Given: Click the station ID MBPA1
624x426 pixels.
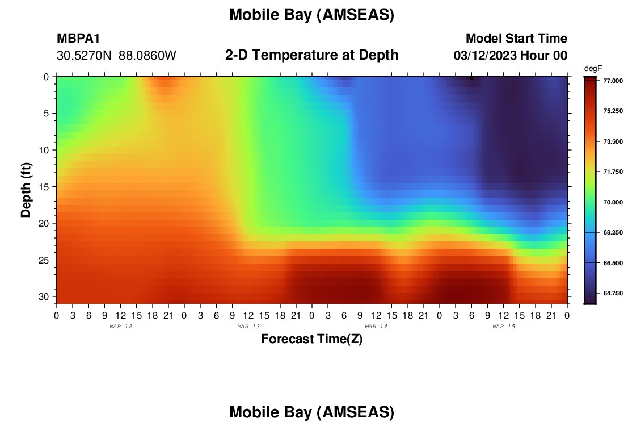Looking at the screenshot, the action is click(x=78, y=38).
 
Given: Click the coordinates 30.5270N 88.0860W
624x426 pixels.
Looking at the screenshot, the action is click(x=116, y=56).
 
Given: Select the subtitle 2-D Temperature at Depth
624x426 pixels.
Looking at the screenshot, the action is click(x=311, y=55).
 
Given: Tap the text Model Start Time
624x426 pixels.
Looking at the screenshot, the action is click(x=516, y=38).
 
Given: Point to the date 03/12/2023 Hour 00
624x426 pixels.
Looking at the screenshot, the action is click(x=510, y=56).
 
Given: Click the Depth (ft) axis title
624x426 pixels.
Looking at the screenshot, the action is click(x=26, y=190).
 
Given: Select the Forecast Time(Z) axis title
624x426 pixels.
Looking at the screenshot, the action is click(x=311, y=339).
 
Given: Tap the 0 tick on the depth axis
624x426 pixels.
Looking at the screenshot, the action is click(x=46, y=77).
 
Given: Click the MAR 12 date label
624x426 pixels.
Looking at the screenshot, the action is click(x=121, y=327).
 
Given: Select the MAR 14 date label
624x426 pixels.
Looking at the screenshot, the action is click(x=376, y=327).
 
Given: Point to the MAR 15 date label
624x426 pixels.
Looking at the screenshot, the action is click(x=504, y=327).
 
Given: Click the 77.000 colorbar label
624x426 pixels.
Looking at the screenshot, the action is click(x=613, y=81).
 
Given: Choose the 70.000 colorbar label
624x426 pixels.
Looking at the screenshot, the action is click(x=613, y=202).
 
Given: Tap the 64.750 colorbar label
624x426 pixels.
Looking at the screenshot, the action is click(x=613, y=293).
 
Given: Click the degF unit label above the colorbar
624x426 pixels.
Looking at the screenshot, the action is click(x=593, y=69).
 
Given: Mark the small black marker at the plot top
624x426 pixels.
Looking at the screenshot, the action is click(x=471, y=78).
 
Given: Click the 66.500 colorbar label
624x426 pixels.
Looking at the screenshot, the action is click(x=613, y=263).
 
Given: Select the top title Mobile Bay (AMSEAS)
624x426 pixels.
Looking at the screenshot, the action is click(x=311, y=15).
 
